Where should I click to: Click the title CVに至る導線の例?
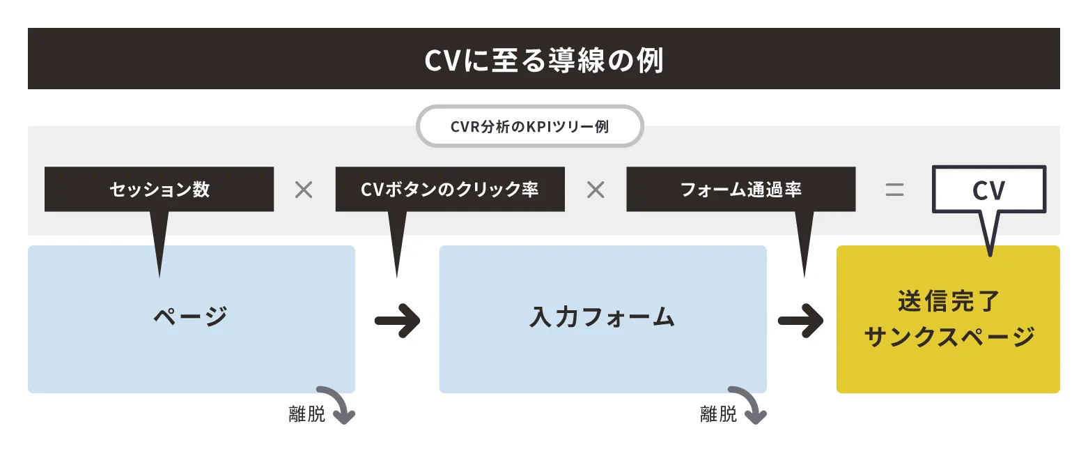click(x=544, y=60)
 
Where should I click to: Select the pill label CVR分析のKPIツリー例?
click(x=530, y=126)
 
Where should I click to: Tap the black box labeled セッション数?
click(x=160, y=189)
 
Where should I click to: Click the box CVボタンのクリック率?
click(x=450, y=189)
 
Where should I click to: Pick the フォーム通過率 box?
click(x=740, y=189)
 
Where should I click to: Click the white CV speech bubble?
click(x=989, y=190)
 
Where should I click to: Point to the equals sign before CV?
click(x=894, y=190)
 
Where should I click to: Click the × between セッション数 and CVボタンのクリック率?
click(x=304, y=190)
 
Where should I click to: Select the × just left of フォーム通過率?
click(x=596, y=190)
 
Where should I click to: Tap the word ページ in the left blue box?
click(x=191, y=317)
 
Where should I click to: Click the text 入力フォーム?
click(x=603, y=317)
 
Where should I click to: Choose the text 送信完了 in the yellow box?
click(x=948, y=300)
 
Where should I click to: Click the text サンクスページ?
click(x=949, y=337)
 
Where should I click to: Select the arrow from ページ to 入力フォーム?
click(x=397, y=321)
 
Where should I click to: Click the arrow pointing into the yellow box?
click(x=800, y=321)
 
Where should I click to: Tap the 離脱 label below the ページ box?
click(x=307, y=415)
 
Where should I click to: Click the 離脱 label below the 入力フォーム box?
click(x=718, y=415)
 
